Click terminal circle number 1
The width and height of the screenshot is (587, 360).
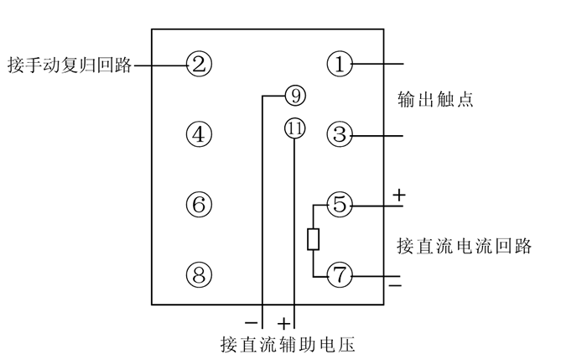(x=340, y=64)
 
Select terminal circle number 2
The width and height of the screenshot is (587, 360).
(x=199, y=64)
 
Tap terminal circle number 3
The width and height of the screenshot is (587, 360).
(x=340, y=134)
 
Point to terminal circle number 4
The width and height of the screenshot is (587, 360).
(x=199, y=134)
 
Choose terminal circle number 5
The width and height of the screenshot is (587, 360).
(x=340, y=204)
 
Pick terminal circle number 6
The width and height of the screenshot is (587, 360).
(x=199, y=204)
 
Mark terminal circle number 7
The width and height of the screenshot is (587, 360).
(x=340, y=275)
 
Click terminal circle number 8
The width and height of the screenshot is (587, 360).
(x=199, y=275)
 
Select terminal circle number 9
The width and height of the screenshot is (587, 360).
(x=295, y=95)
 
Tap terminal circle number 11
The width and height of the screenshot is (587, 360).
(x=294, y=129)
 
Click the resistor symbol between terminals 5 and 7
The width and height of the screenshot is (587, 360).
(x=313, y=240)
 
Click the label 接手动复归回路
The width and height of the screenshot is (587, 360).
(x=69, y=65)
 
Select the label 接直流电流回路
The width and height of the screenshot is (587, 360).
(x=465, y=247)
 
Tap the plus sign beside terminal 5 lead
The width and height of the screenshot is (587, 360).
(x=398, y=196)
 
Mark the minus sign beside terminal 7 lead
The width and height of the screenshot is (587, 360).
(x=395, y=287)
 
